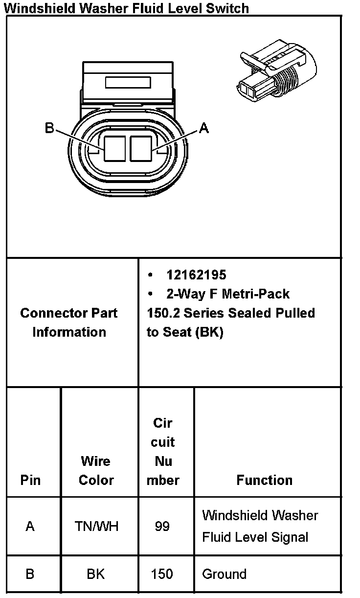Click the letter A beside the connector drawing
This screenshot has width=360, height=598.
tap(204, 128)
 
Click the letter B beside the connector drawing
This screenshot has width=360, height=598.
tap(49, 128)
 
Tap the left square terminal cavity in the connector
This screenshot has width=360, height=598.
tap(116, 148)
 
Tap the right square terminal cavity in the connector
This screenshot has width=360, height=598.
tap(141, 148)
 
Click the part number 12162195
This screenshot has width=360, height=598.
tap(196, 275)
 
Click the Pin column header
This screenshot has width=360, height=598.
tap(30, 480)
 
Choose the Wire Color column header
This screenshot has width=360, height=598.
tap(96, 470)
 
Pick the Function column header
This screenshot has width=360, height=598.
tap(264, 480)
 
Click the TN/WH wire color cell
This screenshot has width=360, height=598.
tap(96, 527)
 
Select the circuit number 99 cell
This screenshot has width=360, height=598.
tap(162, 527)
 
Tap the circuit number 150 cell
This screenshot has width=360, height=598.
tap(162, 574)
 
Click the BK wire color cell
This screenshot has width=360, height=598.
tap(95, 574)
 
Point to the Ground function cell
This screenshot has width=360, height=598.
tap(224, 574)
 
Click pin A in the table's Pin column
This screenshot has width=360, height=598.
tap(30, 527)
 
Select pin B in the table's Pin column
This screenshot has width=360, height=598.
tap(30, 574)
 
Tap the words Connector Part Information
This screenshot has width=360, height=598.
tap(69, 322)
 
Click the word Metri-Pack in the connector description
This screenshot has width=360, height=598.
tap(255, 294)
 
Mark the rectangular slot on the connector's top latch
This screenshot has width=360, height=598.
tap(128, 82)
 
